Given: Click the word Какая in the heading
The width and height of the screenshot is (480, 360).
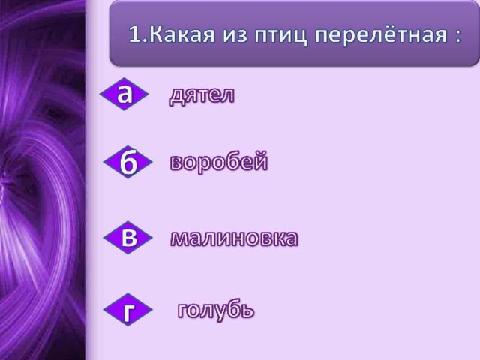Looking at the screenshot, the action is [181, 34].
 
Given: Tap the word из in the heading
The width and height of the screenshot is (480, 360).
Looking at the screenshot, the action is [235, 35].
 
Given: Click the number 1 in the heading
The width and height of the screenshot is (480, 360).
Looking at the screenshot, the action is [135, 34].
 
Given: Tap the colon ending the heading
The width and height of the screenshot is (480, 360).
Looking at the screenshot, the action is [457, 37].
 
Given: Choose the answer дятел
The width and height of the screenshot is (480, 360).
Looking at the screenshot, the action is [202, 95].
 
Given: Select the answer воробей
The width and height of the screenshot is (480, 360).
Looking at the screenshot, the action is [218, 161].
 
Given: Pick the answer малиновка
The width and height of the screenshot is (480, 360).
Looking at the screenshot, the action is [234, 238].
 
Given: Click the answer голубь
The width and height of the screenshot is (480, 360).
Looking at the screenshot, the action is [216, 310].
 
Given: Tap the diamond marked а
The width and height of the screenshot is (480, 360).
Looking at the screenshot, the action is [124, 94].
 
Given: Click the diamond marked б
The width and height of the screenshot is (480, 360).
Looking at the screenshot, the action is [128, 162].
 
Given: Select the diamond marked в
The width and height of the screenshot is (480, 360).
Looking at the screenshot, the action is [128, 238].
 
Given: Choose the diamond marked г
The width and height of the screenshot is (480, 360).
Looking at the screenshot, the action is [128, 310].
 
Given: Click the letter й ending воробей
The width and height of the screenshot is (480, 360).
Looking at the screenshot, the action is [260, 160].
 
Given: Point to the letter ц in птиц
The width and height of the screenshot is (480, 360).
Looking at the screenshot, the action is [300, 37].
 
